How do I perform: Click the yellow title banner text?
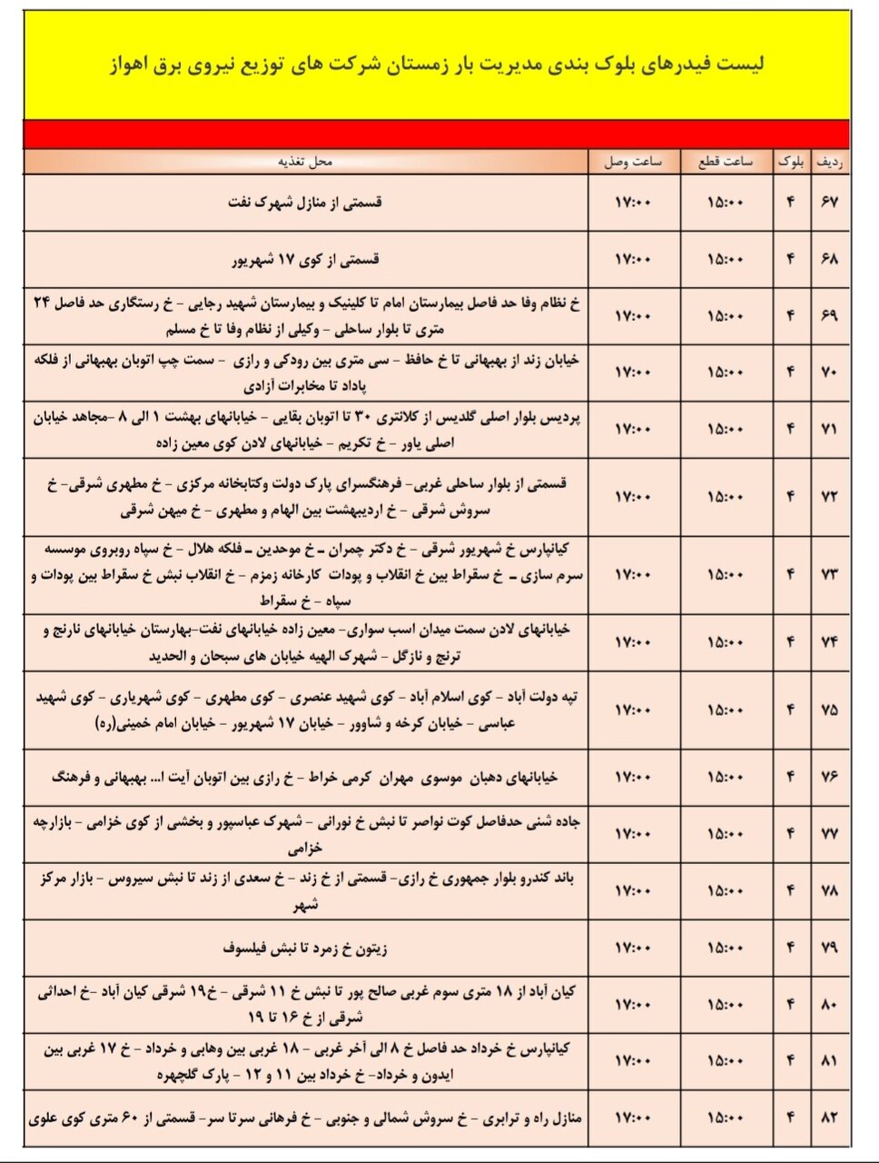pyautogui.click(x=437, y=65)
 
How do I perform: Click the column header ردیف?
pyautogui.click(x=830, y=162)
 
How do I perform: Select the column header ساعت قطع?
pyautogui.click(x=725, y=162)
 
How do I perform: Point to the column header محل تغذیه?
pyautogui.click(x=306, y=162)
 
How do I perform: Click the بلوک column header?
pyautogui.click(x=790, y=162)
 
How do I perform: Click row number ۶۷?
pyautogui.click(x=829, y=202)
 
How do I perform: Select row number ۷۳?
pyautogui.click(x=829, y=574)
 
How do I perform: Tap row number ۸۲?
pyautogui.click(x=829, y=1118)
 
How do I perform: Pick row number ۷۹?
pyautogui.click(x=829, y=948)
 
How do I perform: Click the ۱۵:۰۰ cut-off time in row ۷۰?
pyautogui.click(x=725, y=373)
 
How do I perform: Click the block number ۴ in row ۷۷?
pyautogui.click(x=790, y=833)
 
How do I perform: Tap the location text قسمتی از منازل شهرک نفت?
pyautogui.click(x=305, y=202)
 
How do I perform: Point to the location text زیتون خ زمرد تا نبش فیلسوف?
pyautogui.click(x=305, y=948)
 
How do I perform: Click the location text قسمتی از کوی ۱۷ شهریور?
pyautogui.click(x=305, y=259)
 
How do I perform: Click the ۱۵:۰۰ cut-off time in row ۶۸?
pyautogui.click(x=725, y=259)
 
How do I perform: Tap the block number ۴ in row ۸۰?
pyautogui.click(x=790, y=1004)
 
